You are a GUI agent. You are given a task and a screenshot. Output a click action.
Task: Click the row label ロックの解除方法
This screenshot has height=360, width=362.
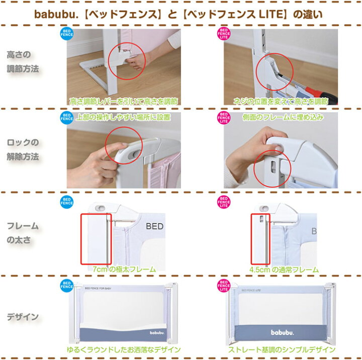point(23,150)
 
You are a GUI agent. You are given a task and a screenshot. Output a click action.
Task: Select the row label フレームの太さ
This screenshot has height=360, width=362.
point(23,232)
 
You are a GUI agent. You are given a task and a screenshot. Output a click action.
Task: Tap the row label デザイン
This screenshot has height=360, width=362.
point(23,317)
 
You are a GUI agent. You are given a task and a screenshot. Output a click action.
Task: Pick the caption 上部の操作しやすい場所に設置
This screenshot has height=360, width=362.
point(124,117)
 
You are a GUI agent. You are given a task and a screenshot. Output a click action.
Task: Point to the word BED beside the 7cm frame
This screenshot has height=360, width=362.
point(154,227)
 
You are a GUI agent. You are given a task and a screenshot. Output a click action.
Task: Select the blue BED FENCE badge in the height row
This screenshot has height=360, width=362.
point(66,34)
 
